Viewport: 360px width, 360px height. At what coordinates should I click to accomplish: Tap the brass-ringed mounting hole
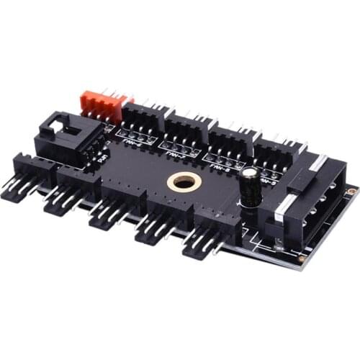[184, 182]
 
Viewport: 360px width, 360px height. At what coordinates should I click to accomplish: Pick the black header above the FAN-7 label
[188, 130]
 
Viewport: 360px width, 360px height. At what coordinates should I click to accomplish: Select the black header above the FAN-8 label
[232, 142]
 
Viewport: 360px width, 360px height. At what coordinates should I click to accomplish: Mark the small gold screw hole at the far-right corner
[351, 192]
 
